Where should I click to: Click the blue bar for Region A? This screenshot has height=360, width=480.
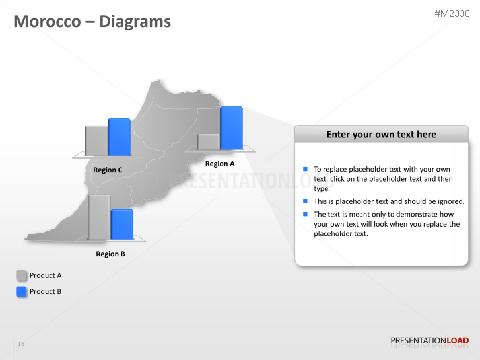click(x=231, y=128)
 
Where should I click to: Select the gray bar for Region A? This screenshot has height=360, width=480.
click(x=209, y=142)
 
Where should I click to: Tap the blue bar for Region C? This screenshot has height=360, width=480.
click(x=119, y=137)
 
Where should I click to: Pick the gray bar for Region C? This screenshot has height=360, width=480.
click(x=96, y=141)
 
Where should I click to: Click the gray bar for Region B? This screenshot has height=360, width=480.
click(x=99, y=217)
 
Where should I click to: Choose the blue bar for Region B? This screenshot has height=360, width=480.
click(x=122, y=225)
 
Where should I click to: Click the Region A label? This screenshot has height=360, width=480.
click(x=220, y=164)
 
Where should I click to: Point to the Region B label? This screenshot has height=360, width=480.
click(x=110, y=254)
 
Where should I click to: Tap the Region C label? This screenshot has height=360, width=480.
click(x=108, y=170)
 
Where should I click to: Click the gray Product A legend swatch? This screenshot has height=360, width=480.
click(x=22, y=275)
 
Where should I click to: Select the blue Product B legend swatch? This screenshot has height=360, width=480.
click(x=22, y=291)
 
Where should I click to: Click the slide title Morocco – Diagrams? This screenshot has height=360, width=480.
click(x=92, y=22)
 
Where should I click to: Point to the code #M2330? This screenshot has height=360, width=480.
click(x=452, y=13)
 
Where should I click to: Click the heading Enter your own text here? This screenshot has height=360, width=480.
click(x=381, y=135)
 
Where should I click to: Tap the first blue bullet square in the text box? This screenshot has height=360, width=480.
click(x=306, y=170)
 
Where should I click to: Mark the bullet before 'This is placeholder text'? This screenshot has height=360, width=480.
click(x=306, y=201)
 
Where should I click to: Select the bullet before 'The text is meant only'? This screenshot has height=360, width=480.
click(x=306, y=214)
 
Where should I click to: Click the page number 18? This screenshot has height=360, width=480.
click(x=21, y=344)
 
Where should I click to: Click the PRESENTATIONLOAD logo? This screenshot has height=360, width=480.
click(x=429, y=341)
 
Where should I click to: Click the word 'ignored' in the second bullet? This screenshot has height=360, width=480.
click(x=450, y=201)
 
